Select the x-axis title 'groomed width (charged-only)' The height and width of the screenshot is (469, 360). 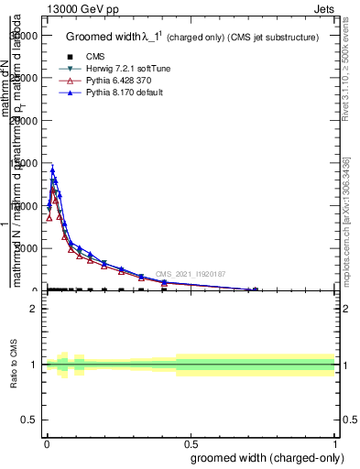[264, 457]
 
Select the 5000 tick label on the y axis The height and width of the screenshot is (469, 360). [27, 248]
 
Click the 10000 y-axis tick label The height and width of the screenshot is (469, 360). [24, 206]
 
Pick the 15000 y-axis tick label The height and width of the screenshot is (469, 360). [24, 163]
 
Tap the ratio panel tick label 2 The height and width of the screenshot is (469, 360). [35, 309]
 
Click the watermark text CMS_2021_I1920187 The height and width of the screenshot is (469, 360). [190, 274]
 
